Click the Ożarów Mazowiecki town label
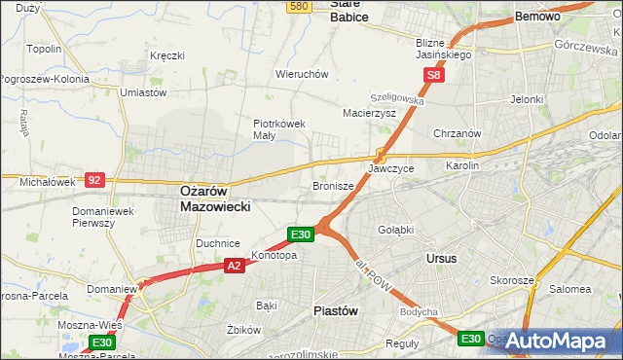(215, 199)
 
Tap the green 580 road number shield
(300, 7)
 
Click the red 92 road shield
(94, 180)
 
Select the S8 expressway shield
(435, 74)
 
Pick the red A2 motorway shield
(234, 265)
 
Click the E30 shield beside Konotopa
(301, 234)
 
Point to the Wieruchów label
(302, 74)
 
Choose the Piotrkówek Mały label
(279, 129)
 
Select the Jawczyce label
(391, 168)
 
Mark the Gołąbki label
(396, 230)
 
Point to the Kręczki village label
(167, 55)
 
